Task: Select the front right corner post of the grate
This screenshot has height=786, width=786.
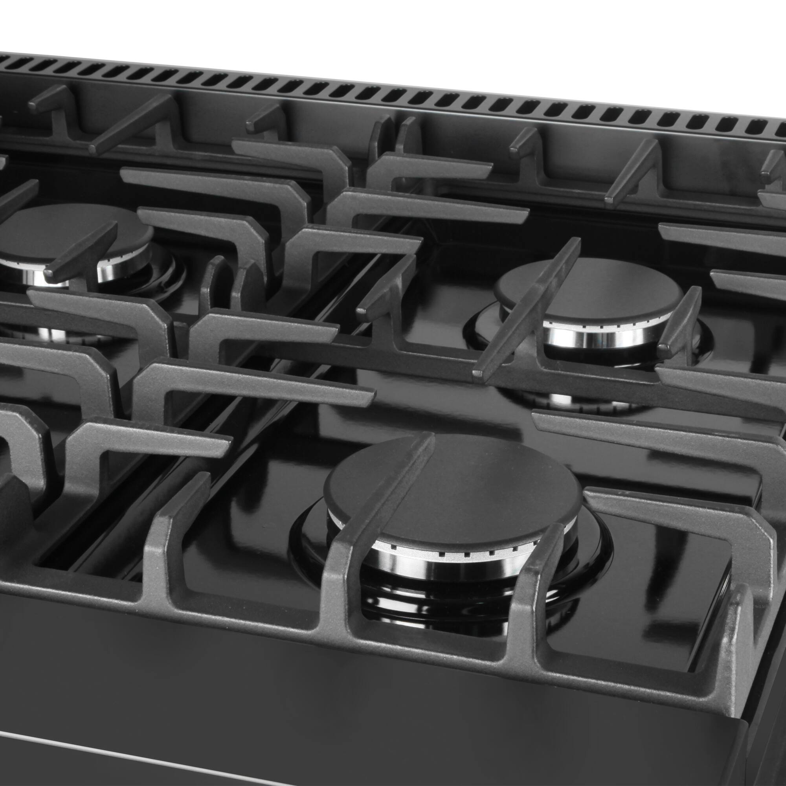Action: (x=736, y=635)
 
